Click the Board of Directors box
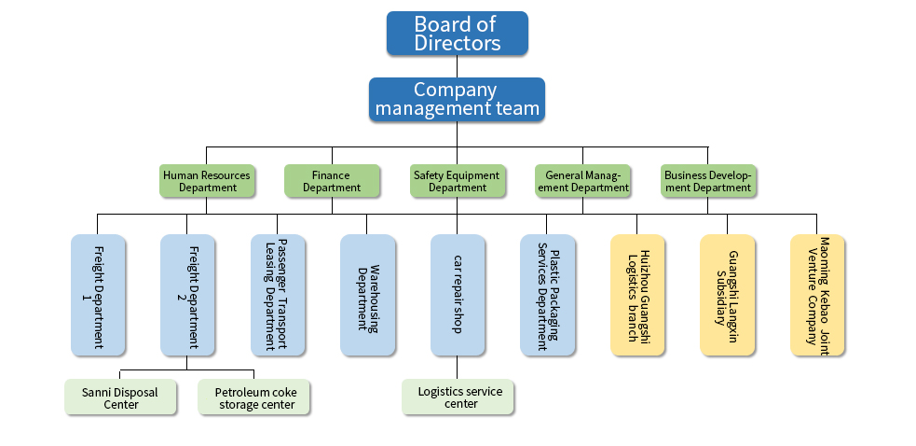[457, 34]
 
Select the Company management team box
[457, 100]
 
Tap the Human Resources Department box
[207, 181]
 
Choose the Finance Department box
[332, 181]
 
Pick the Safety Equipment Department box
[458, 181]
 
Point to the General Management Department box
[583, 181]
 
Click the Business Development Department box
[708, 181]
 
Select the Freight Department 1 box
[98, 295]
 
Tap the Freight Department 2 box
[187, 295]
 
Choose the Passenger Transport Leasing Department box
[278, 295]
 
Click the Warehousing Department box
[367, 295]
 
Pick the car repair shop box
[458, 295]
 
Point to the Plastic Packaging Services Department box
[547, 295]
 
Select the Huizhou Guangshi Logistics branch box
[637, 295]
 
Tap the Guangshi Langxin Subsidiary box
[727, 295]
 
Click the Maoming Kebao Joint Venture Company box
[817, 295]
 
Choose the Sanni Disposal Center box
[120, 397]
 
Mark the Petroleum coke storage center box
[253, 397]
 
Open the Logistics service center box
[458, 397]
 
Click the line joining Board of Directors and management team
[457, 66]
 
